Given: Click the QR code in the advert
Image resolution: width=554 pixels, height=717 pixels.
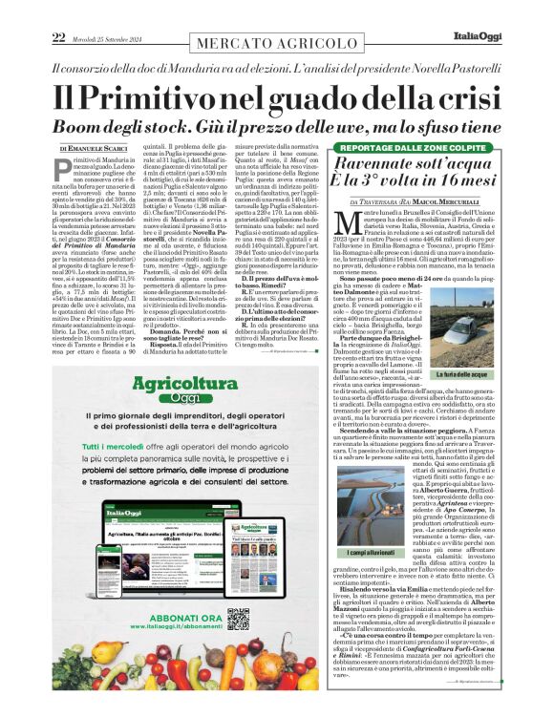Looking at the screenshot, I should click(238, 619).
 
